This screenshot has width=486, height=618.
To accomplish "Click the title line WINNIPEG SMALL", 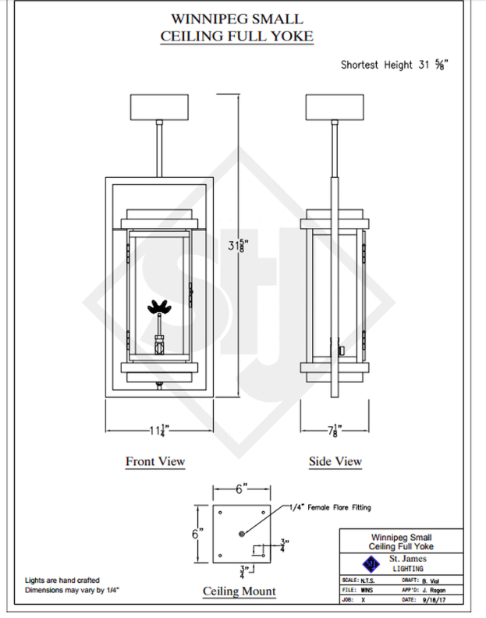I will tap(243, 19).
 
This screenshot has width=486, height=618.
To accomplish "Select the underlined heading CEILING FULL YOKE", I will tap(243, 36).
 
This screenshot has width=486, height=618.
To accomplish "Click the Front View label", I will tap(155, 461).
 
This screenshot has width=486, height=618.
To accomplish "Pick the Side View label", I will tap(335, 461).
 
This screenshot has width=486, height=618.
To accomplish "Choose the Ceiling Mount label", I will tap(239, 591).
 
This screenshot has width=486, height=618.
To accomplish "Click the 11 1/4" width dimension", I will tap(156, 428).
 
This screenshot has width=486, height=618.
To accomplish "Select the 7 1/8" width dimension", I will tap(336, 428).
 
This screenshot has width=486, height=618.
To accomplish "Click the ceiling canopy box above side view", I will tap(336, 106).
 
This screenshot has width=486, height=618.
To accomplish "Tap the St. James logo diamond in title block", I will tap(371, 563).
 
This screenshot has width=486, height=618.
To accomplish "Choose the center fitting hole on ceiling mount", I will tap(242, 533).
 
